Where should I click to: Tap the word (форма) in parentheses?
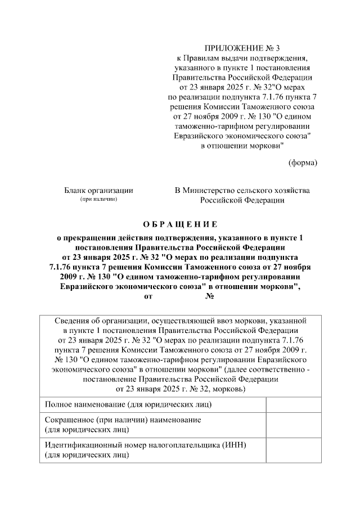tap(303, 163)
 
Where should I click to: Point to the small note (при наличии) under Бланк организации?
tap(98, 200)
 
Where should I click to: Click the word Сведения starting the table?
tap(73, 320)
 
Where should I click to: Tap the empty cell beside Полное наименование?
tap(293, 404)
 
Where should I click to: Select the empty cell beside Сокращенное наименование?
tap(293, 425)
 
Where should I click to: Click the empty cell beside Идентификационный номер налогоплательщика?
tap(293, 450)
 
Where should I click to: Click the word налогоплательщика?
tap(184, 445)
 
